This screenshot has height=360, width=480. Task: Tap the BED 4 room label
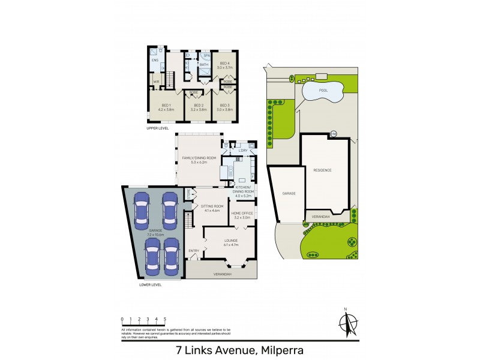(x=224, y=64)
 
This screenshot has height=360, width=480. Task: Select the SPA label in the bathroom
(x=205, y=56)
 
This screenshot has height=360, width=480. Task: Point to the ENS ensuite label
(x=154, y=61)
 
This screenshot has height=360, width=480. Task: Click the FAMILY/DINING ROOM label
(x=199, y=158)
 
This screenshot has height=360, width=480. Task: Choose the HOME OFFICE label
(x=242, y=214)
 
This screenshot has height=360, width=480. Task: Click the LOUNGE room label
(x=231, y=240)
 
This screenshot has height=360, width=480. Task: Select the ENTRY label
(x=194, y=251)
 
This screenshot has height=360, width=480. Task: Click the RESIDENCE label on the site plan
(x=322, y=170)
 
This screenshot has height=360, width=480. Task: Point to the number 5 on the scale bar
(x=164, y=319)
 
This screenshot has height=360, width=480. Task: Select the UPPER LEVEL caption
(x=158, y=128)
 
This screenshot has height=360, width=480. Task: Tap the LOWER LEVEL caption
(x=150, y=284)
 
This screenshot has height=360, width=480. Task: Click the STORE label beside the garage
(x=188, y=195)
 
